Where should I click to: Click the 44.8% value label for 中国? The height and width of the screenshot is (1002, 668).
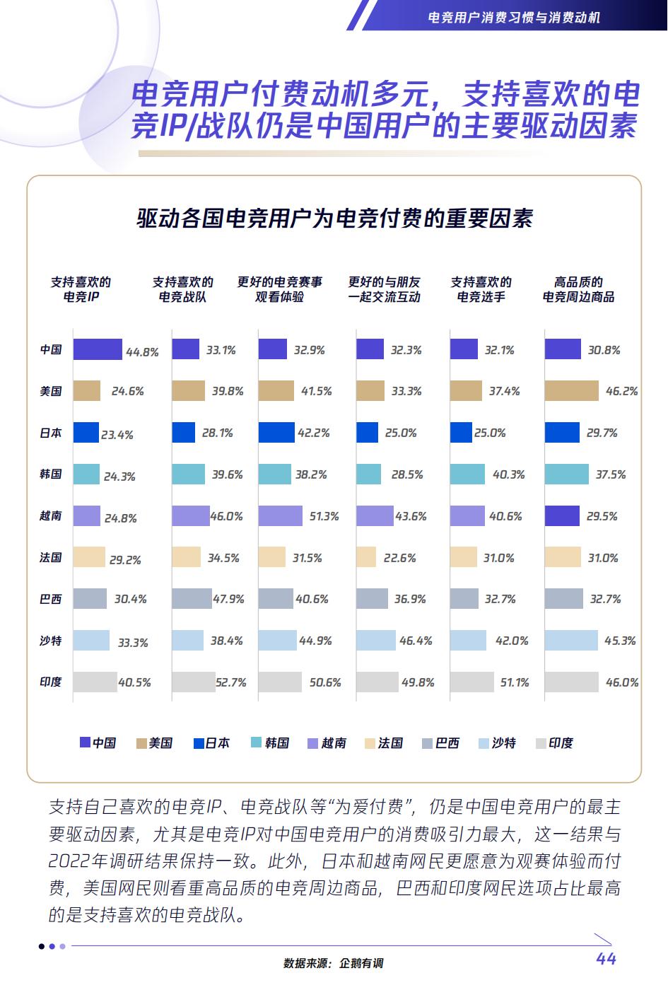tap(142, 351)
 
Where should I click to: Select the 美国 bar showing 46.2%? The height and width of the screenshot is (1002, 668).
tap(571, 391)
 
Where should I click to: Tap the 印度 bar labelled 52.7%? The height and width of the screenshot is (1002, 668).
tap(193, 682)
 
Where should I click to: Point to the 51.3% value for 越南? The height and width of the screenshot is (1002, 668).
tap(324, 517)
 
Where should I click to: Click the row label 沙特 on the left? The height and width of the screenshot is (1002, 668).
tap(51, 641)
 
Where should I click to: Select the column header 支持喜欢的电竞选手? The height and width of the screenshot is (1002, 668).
tap(481, 289)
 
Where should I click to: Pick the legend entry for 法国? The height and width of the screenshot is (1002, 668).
tap(384, 743)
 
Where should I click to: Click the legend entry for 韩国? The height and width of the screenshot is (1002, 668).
tap(270, 743)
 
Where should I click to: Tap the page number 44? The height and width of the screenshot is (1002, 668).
tap(606, 959)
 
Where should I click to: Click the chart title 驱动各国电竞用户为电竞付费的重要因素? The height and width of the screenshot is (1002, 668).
tap(334, 219)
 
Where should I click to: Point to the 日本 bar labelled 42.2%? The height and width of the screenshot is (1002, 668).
tap(276, 433)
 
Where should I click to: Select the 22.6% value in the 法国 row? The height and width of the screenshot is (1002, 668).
tap(399, 559)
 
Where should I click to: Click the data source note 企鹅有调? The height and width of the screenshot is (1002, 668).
tap(334, 963)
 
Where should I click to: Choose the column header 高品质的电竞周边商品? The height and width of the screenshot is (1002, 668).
tap(578, 289)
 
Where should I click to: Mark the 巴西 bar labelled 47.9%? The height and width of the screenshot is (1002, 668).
tap(192, 599)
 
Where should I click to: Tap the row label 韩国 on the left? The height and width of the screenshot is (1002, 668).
tap(51, 474)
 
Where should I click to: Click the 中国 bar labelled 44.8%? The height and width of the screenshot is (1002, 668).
tap(98, 349)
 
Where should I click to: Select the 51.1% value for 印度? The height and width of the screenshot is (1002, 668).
tap(514, 683)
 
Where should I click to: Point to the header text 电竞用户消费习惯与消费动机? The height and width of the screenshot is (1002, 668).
tap(514, 17)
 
